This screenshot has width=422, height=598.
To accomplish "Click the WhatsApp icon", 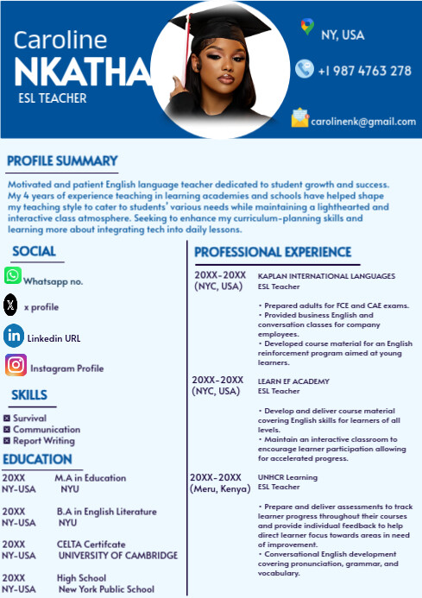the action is tap(13, 276).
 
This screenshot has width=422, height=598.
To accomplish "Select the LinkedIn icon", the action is tap(14, 336).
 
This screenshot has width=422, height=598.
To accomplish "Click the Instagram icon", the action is tap(16, 365).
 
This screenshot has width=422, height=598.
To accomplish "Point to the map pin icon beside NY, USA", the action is tap(307, 28).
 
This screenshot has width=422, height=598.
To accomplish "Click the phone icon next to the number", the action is tap(304, 69).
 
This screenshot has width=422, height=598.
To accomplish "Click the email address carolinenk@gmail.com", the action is tap(363, 122).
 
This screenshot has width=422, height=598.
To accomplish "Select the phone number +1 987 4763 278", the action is tap(364, 71).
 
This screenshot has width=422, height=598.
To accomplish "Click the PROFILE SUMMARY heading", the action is tap(62, 161).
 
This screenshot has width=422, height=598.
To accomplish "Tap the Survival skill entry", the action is tap(30, 419).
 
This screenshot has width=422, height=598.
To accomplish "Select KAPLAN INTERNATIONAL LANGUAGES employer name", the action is tap(326, 276).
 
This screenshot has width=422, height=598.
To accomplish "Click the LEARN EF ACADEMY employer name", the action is tap(293, 381).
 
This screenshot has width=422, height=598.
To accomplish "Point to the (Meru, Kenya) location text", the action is tap(218, 489).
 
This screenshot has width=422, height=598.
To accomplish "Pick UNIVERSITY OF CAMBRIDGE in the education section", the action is tap(117, 555).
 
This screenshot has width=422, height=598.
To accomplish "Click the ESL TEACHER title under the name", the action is tap(52, 98).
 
